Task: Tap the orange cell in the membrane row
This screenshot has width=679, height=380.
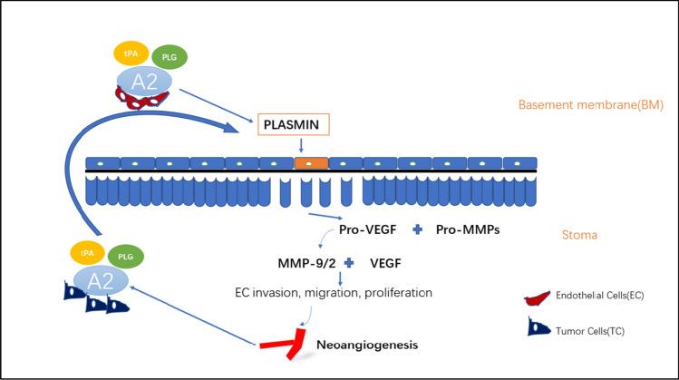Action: pyautogui.click(x=308, y=163)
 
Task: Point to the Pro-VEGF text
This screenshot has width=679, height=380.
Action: pyautogui.click(x=367, y=229)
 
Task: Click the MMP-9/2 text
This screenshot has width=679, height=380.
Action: pyautogui.click(x=307, y=263)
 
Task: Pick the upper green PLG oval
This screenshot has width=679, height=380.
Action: pyautogui.click(x=169, y=57)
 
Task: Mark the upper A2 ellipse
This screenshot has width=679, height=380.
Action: pyautogui.click(x=142, y=81)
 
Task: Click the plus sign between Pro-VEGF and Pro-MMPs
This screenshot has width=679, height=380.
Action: pyautogui.click(x=417, y=230)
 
